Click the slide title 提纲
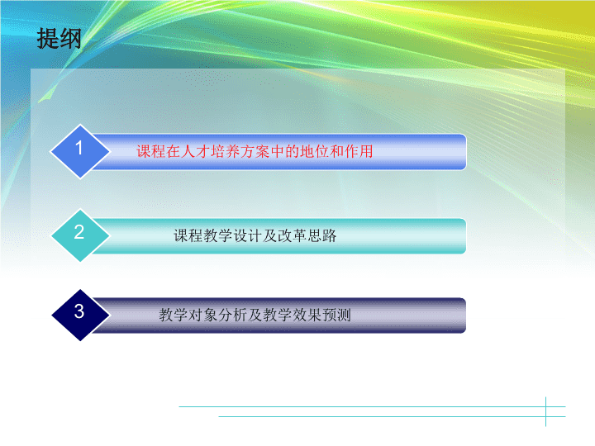click(x=59, y=38)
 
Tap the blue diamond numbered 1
click(x=80, y=151)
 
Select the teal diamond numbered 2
click(x=80, y=235)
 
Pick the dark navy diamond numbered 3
click(x=80, y=316)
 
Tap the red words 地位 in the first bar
click(x=315, y=151)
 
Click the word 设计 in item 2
click(x=248, y=235)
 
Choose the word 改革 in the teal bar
click(x=293, y=235)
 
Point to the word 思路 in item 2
click(x=321, y=235)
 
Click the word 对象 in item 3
click(x=203, y=316)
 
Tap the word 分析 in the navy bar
click(x=232, y=316)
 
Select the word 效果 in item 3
click(x=307, y=316)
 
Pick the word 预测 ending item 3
click(x=336, y=316)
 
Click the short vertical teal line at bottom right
click(x=546, y=412)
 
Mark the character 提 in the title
click(x=48, y=38)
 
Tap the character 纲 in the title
click(x=70, y=38)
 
